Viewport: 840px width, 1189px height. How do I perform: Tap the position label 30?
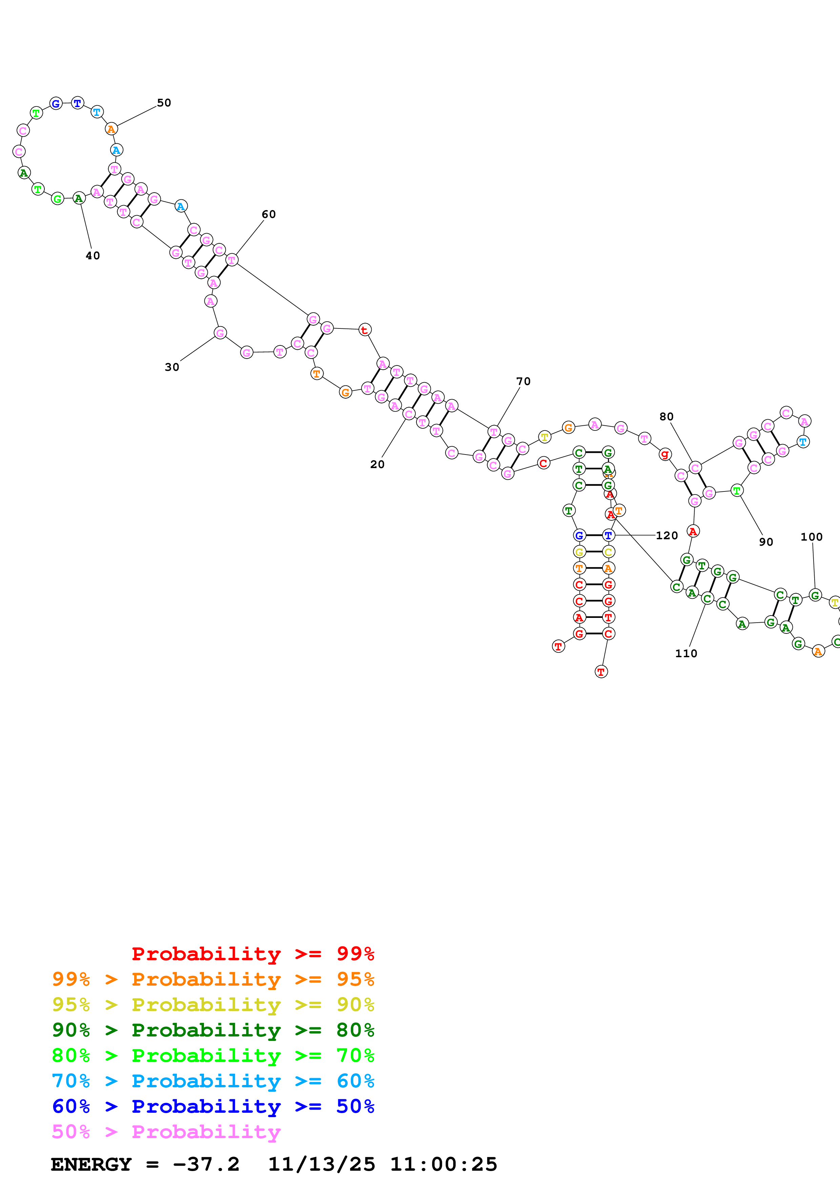point(172,367)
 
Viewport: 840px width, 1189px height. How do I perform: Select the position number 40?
point(93,256)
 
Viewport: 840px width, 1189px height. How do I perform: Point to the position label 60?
point(269,215)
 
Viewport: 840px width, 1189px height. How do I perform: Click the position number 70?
point(523,382)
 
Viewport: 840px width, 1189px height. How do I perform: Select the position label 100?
point(811,537)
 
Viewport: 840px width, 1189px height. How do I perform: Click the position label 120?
point(667,536)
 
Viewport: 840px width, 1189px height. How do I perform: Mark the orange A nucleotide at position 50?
point(111,129)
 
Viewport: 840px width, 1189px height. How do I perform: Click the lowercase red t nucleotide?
point(365,330)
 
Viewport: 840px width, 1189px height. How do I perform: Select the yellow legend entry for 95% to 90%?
point(213,1005)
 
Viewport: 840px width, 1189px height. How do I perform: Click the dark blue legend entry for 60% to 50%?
point(213,1106)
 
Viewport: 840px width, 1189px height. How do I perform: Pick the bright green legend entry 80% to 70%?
point(213,1055)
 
